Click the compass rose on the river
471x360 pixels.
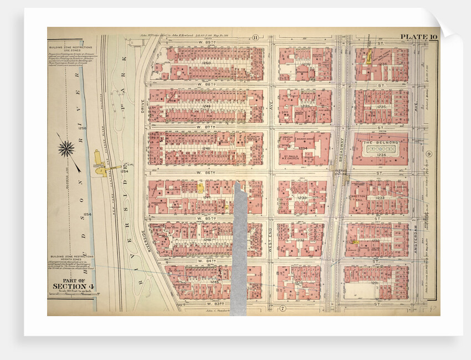(66, 148)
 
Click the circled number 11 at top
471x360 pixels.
(255, 38)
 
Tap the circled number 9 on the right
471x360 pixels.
(429, 153)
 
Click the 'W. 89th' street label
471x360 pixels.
(207, 42)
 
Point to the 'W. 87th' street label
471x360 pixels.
(206, 127)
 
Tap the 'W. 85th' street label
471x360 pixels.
(206, 219)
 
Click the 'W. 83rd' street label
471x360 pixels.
(206, 304)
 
